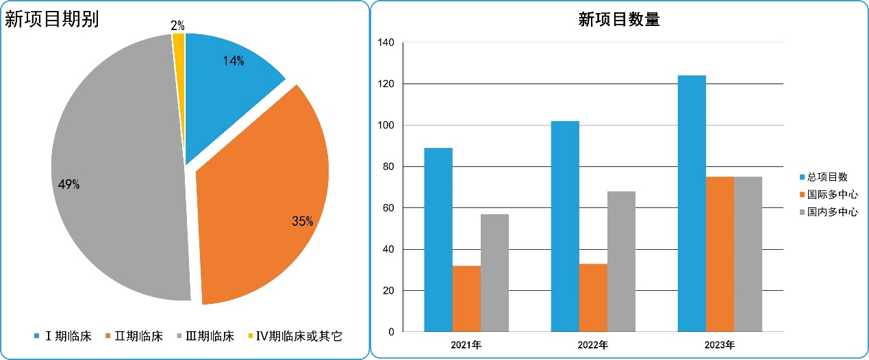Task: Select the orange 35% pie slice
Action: click(267, 205)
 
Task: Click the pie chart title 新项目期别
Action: click(52, 20)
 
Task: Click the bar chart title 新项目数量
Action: click(618, 20)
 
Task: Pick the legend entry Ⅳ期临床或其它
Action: click(299, 336)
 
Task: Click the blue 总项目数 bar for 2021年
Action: click(438, 240)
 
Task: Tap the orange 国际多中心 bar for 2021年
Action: click(466, 298)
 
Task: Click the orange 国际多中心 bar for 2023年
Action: click(720, 254)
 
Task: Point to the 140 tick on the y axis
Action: click(386, 42)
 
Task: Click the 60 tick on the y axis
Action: click(388, 208)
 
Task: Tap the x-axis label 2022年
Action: click(592, 344)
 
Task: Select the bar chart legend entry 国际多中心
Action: click(832, 194)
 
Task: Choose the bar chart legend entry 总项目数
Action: click(827, 177)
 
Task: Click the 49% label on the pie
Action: click(68, 185)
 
